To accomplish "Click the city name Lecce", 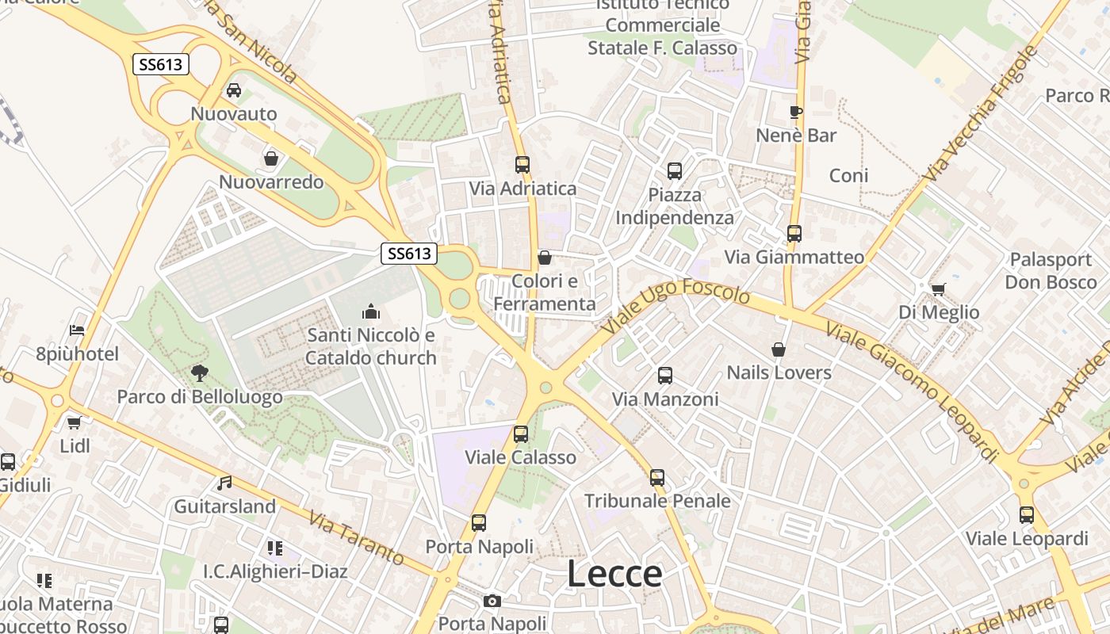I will pyautogui.click(x=614, y=574).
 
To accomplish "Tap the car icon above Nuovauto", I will pyautogui.click(x=234, y=90).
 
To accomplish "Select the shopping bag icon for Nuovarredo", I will pyautogui.click(x=271, y=158).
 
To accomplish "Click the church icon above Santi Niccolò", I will pyautogui.click(x=370, y=312).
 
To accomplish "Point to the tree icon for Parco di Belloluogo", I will pyautogui.click(x=199, y=372).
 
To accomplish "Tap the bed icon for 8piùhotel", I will pyautogui.click(x=77, y=330).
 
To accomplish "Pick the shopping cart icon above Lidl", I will pyautogui.click(x=75, y=422).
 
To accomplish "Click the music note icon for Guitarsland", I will pyautogui.click(x=224, y=483).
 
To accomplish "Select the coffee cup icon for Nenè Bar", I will pyautogui.click(x=796, y=112).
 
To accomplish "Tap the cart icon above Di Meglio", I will pyautogui.click(x=939, y=289).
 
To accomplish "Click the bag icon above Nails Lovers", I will pyautogui.click(x=779, y=349).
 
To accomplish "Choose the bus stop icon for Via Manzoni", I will pyautogui.click(x=665, y=376).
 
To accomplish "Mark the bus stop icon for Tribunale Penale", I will pyautogui.click(x=657, y=478).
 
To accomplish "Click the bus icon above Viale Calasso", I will pyautogui.click(x=521, y=434).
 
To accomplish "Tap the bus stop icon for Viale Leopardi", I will pyautogui.click(x=1027, y=515).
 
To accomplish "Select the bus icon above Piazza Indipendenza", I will pyautogui.click(x=675, y=171).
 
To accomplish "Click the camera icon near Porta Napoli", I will pyautogui.click(x=492, y=601).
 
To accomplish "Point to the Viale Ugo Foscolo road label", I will pyautogui.click(x=676, y=307).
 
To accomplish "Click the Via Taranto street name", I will pyautogui.click(x=357, y=539).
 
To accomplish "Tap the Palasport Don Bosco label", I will pyautogui.click(x=1051, y=271).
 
